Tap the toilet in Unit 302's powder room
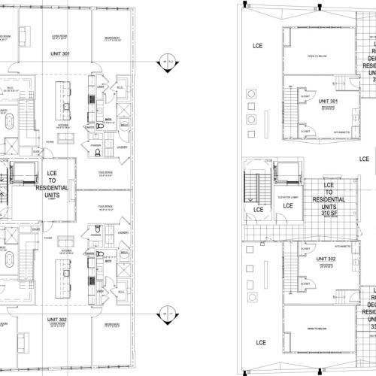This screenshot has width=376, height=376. point(99,223)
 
